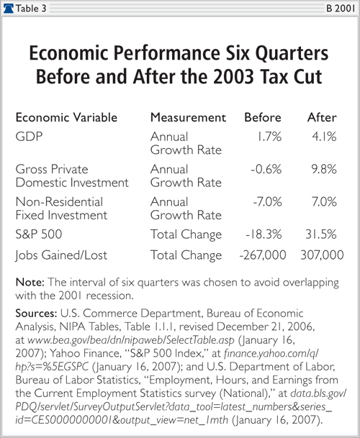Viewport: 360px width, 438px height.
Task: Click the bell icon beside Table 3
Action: [x=9, y=9]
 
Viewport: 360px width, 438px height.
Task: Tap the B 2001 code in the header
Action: [x=341, y=9]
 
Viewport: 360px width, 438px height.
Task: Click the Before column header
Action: [x=263, y=117]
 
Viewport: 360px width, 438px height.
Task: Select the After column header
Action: [x=322, y=117]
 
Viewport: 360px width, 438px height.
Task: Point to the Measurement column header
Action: [x=188, y=117]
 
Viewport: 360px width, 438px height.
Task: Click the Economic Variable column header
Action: [x=66, y=117]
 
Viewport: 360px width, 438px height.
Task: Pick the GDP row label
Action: [x=29, y=137]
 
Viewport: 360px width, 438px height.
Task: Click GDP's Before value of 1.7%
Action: [x=269, y=137]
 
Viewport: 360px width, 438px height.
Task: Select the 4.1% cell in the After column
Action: [x=324, y=137]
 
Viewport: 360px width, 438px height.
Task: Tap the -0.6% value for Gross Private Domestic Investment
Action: [x=266, y=169]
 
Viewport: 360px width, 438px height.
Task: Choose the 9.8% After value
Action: [x=324, y=169]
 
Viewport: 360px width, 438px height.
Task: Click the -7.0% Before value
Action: [x=267, y=201]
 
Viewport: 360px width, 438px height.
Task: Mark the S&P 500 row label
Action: [x=39, y=234]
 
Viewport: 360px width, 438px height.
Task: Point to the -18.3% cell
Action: [x=264, y=234]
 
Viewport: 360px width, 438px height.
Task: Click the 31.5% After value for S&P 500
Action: [x=321, y=234]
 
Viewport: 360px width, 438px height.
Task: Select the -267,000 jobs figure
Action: [x=263, y=255]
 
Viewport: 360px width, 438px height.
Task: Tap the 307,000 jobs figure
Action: [x=322, y=255]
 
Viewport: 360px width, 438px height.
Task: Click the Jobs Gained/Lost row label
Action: [x=61, y=255]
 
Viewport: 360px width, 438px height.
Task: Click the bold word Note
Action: [x=30, y=282]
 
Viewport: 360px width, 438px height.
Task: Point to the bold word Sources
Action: [x=37, y=313]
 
